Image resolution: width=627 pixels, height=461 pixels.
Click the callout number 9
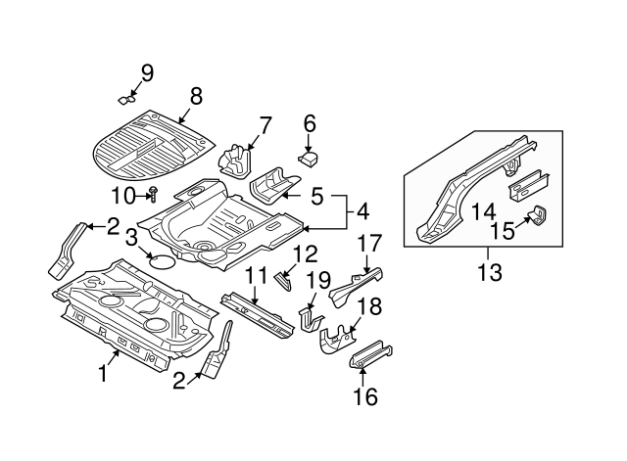coord(147,71)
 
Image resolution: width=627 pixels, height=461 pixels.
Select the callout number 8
coord(195,96)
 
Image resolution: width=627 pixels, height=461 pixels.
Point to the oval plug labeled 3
coord(162,260)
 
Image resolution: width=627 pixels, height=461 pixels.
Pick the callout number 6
coord(309,123)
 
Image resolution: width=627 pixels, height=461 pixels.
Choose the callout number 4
coord(362,210)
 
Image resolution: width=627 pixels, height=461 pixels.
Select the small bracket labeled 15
coord(539,217)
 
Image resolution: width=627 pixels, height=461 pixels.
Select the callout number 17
coord(369,244)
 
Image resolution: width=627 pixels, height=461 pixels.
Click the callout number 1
coord(103,373)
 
